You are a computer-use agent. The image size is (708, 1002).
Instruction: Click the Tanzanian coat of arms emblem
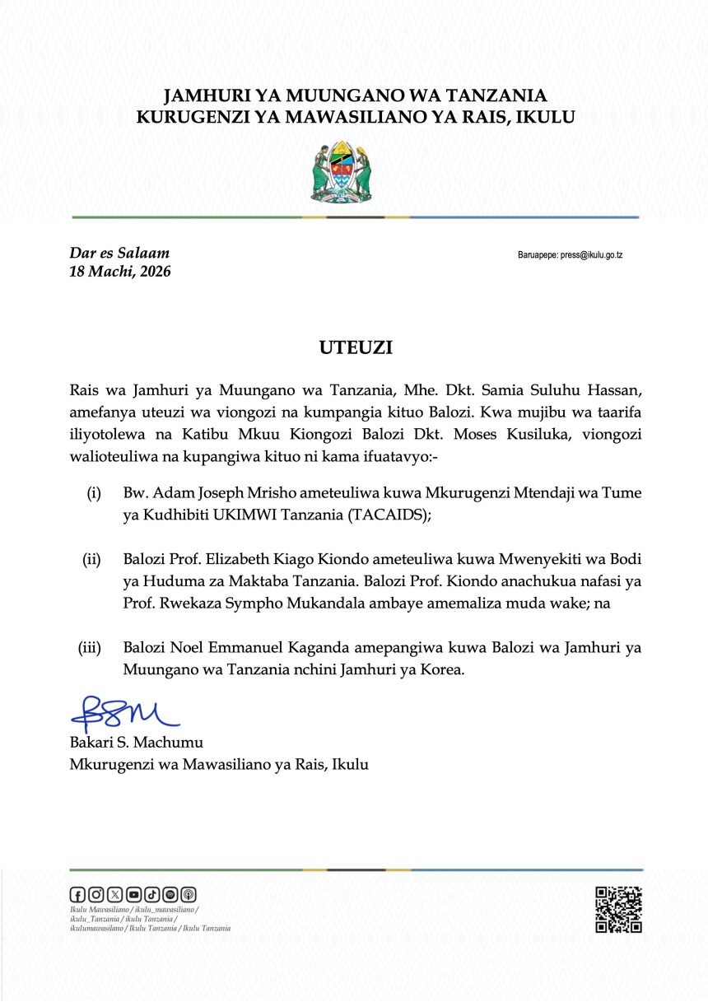(x=341, y=172)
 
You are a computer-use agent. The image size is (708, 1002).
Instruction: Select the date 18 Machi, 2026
(x=120, y=271)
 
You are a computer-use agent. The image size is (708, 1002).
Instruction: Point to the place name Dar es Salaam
(x=120, y=253)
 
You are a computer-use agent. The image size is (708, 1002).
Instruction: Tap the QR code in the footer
(x=618, y=909)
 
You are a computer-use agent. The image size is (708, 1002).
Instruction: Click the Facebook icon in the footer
(x=78, y=894)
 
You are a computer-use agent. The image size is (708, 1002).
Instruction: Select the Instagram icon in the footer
(x=96, y=894)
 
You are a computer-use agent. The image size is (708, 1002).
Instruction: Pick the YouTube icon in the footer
(x=133, y=894)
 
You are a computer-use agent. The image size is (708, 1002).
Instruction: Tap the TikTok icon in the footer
(x=151, y=894)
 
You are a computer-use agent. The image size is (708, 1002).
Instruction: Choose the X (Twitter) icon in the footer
(x=114, y=894)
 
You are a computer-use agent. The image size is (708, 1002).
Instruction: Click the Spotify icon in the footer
(x=170, y=894)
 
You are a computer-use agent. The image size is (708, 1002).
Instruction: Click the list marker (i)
(x=94, y=492)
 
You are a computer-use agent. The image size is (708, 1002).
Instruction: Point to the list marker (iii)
(x=89, y=648)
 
